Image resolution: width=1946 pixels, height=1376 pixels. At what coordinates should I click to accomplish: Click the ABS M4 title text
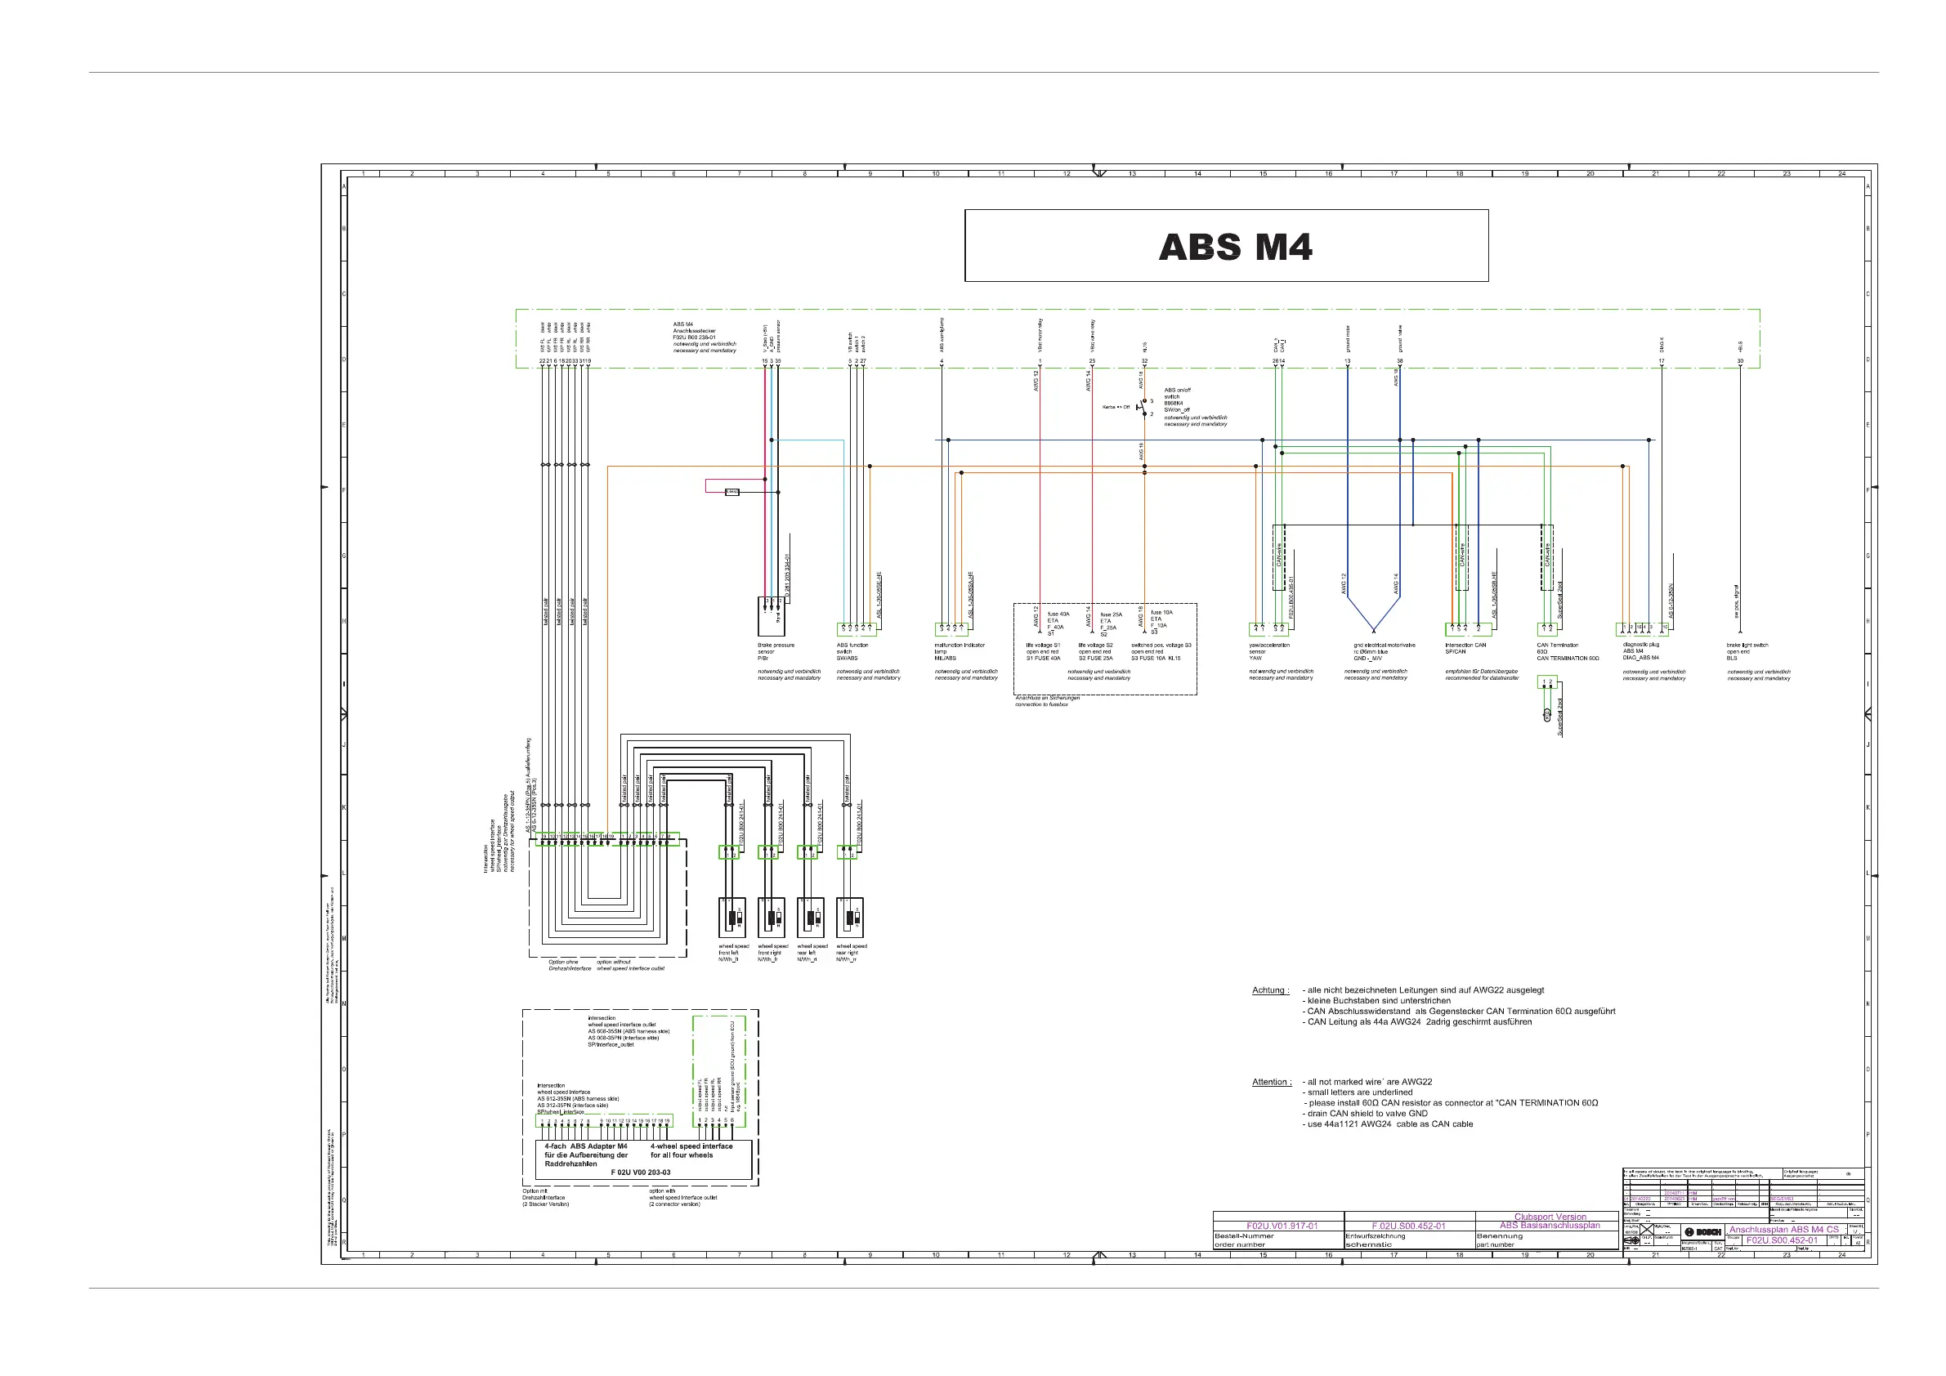(1235, 248)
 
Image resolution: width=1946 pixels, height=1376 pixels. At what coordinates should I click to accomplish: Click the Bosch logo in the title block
(1702, 1231)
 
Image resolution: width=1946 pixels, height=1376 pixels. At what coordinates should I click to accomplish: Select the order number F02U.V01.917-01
(1282, 1226)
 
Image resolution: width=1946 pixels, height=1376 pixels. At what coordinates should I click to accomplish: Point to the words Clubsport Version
(1550, 1217)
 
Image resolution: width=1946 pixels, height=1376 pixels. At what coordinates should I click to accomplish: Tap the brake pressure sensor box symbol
(772, 616)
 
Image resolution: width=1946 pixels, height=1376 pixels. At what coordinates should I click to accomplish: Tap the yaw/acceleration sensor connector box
(1268, 629)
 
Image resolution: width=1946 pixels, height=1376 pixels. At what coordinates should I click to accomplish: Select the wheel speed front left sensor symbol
(731, 918)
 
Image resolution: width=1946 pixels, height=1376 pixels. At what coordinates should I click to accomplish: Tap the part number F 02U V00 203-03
(640, 1173)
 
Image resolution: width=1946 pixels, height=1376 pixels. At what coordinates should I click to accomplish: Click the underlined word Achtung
(1269, 990)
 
